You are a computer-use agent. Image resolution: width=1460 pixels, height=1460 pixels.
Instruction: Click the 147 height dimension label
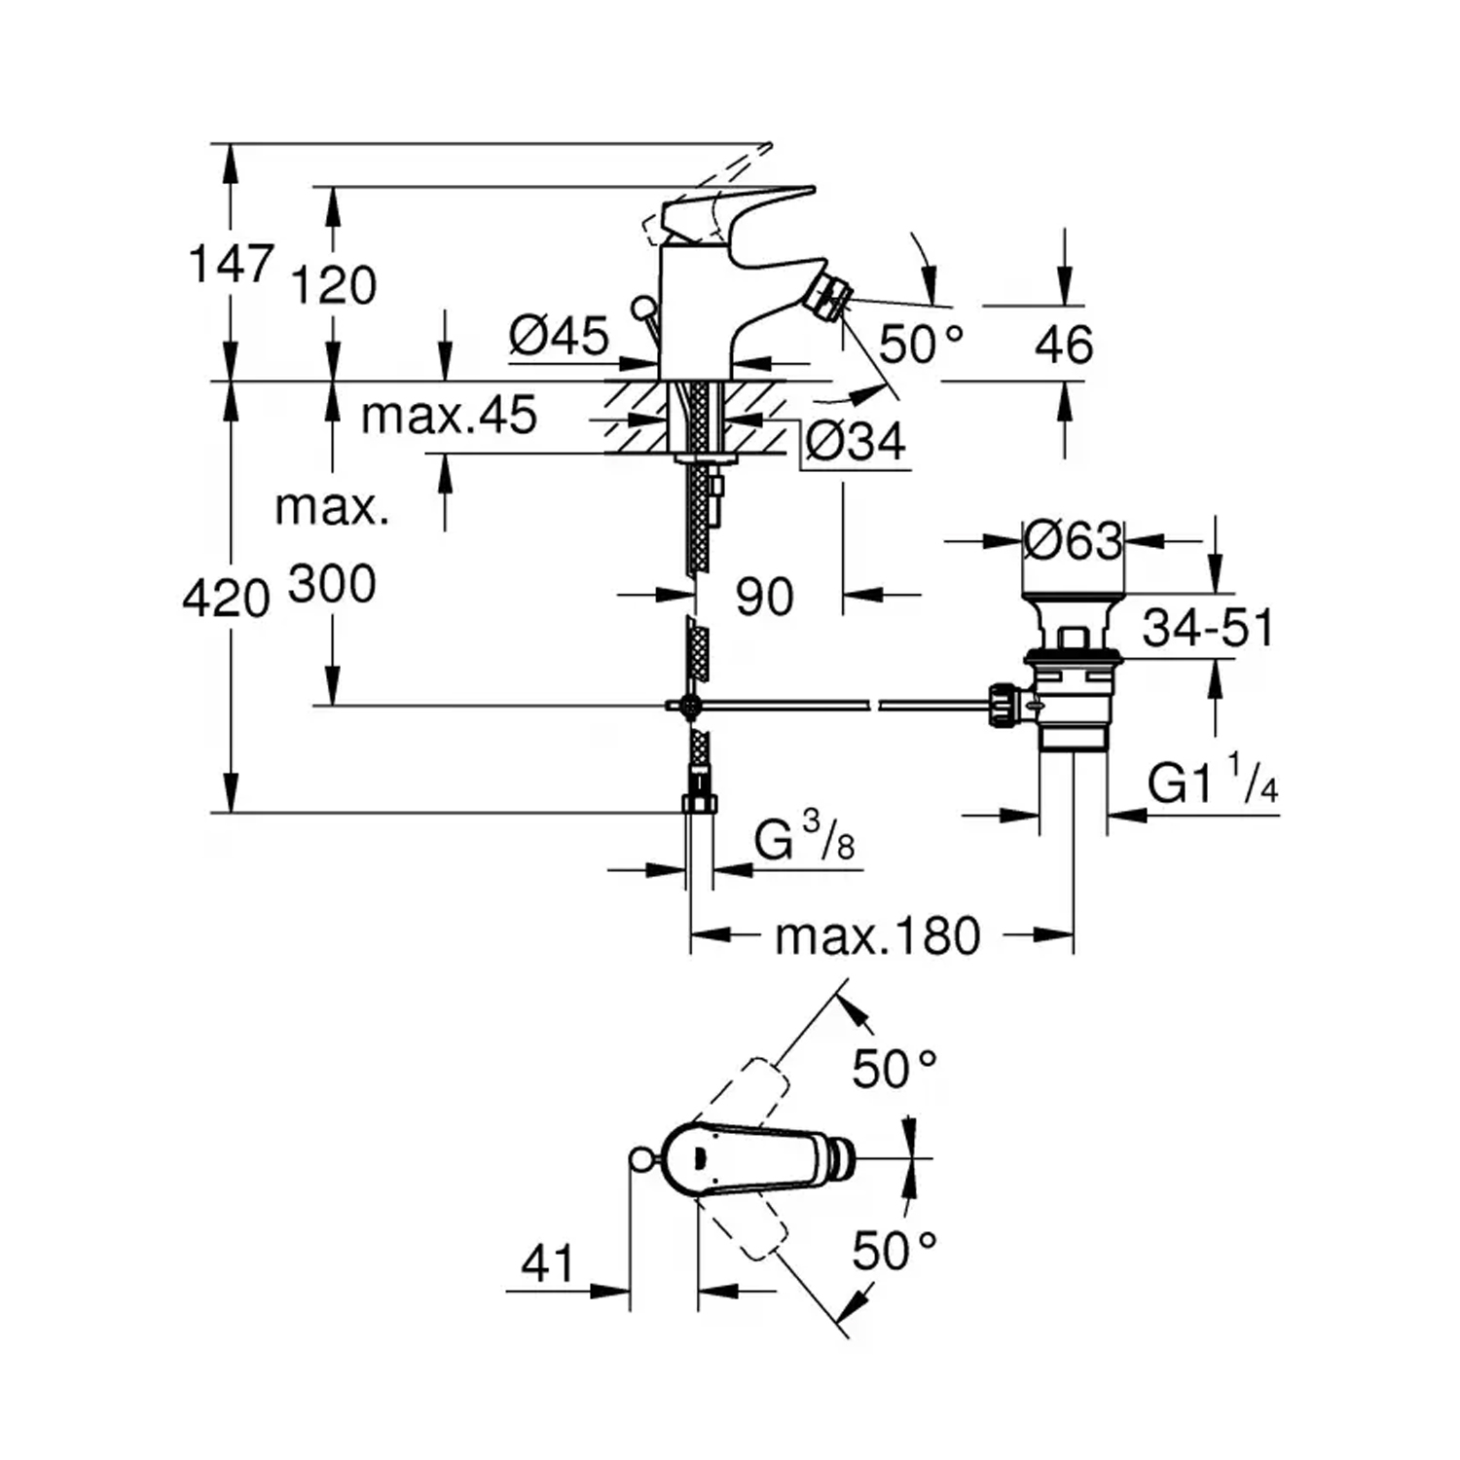pyautogui.click(x=231, y=264)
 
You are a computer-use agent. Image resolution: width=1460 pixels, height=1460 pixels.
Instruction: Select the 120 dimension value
pyautogui.click(x=334, y=286)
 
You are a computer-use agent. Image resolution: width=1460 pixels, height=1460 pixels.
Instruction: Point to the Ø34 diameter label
pyautogui.click(x=856, y=442)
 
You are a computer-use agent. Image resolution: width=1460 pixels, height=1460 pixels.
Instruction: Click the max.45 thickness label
pyautogui.click(x=449, y=416)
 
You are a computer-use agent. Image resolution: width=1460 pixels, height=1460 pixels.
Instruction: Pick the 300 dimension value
pyautogui.click(x=332, y=584)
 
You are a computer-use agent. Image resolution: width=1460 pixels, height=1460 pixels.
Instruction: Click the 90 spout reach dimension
pyautogui.click(x=764, y=596)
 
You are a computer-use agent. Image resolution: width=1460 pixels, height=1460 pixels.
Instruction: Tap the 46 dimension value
pyautogui.click(x=1064, y=345)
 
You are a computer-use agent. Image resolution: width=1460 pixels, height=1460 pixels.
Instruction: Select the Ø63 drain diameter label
pyautogui.click(x=1073, y=540)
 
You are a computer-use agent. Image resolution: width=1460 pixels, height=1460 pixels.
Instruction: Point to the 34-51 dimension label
pyautogui.click(x=1207, y=628)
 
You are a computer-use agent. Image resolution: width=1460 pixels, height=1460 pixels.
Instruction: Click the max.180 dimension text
pyautogui.click(x=877, y=936)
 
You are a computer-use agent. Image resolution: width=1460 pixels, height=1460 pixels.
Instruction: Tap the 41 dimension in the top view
pyautogui.click(x=548, y=1263)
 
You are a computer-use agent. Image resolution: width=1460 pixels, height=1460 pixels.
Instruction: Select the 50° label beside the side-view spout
pyautogui.click(x=921, y=344)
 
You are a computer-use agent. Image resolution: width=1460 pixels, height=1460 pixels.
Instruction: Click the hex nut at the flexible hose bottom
pyautogui.click(x=700, y=804)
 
